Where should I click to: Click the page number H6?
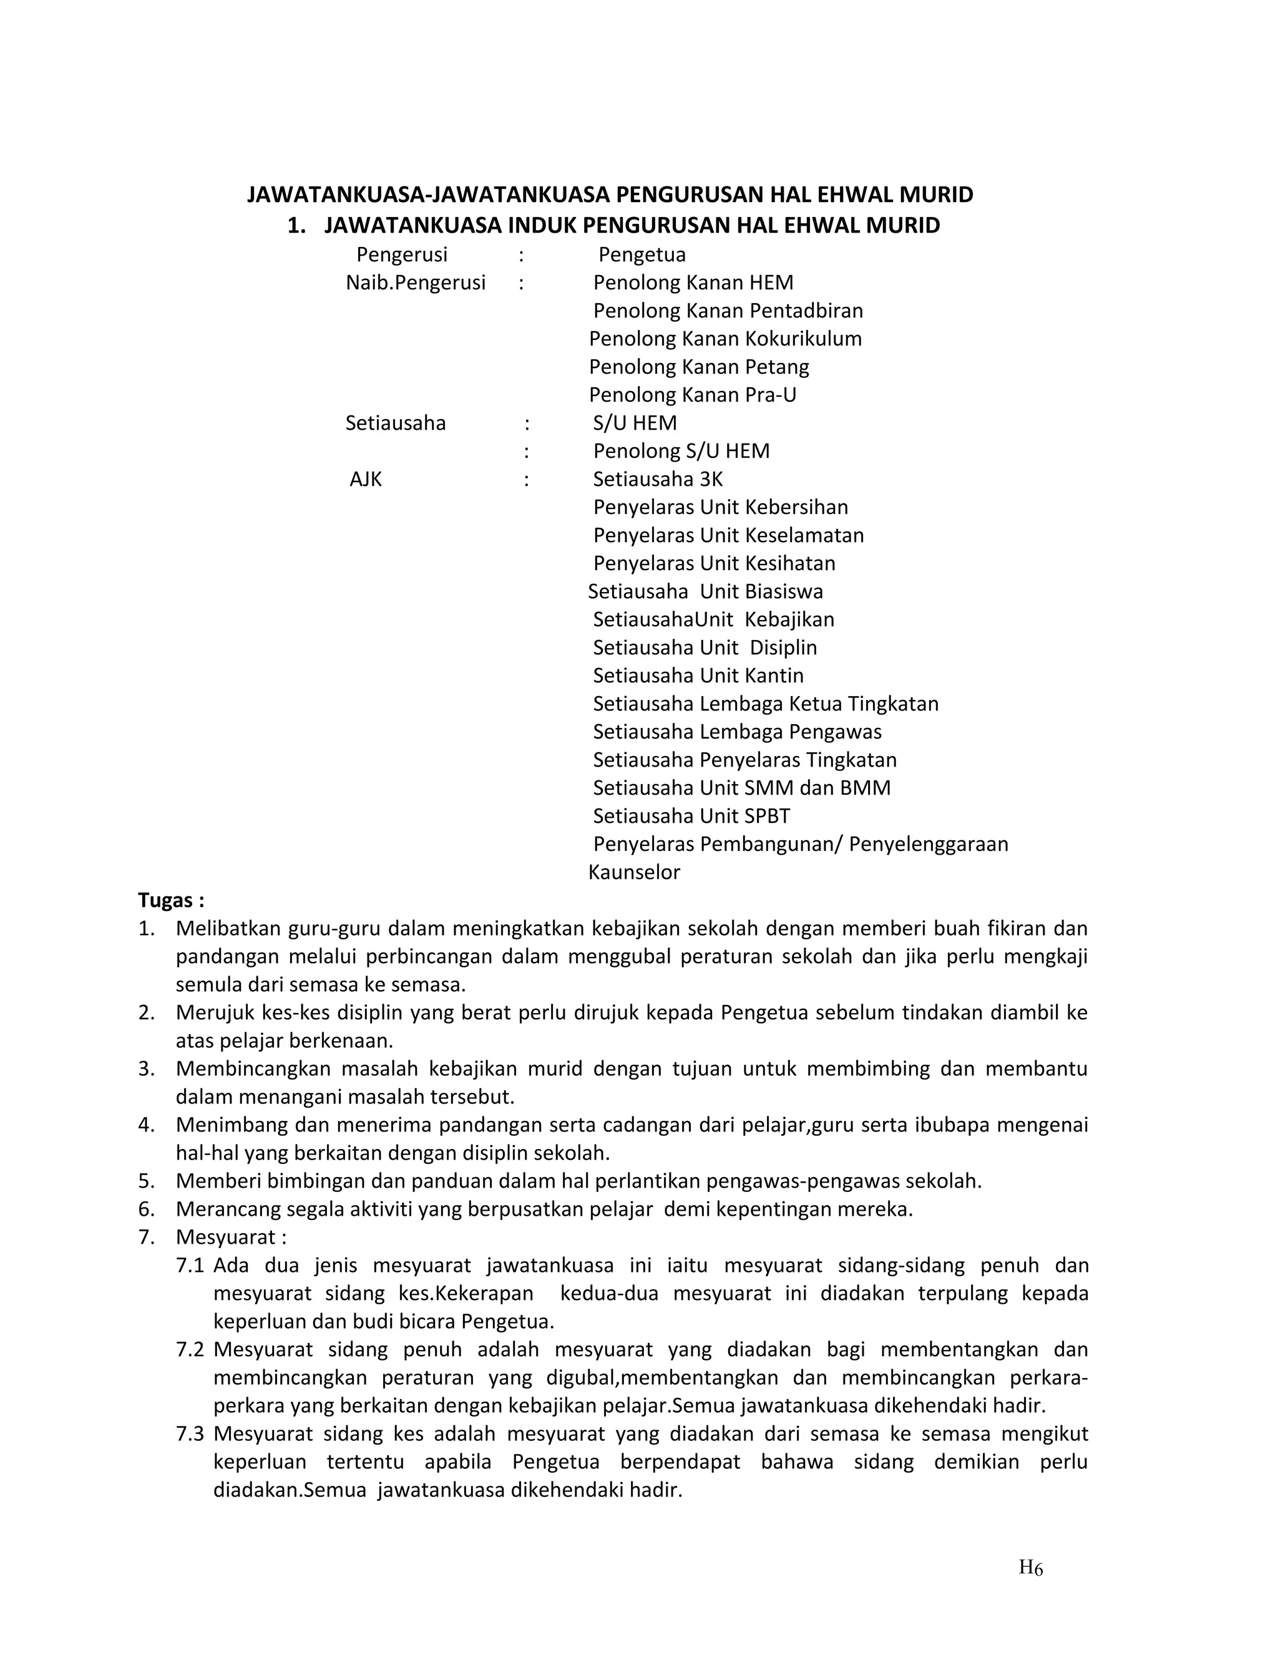click(x=1030, y=1568)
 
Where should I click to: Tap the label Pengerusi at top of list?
click(x=402, y=254)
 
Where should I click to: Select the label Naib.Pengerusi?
click(x=416, y=283)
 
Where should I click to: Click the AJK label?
click(x=366, y=479)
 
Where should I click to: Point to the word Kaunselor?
click(x=634, y=872)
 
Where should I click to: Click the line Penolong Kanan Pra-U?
click(x=692, y=394)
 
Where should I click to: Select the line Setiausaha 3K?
click(x=658, y=479)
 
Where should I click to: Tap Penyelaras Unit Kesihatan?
click(x=714, y=563)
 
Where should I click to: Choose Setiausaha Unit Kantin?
click(x=698, y=675)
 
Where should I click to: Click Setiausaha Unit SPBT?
click(x=691, y=816)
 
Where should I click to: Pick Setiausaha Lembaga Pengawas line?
click(x=737, y=731)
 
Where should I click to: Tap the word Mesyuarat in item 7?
click(x=225, y=1237)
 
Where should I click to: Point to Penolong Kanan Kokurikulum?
click(x=724, y=338)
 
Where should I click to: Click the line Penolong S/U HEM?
click(x=681, y=451)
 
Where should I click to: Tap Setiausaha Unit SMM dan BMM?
click(x=741, y=788)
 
